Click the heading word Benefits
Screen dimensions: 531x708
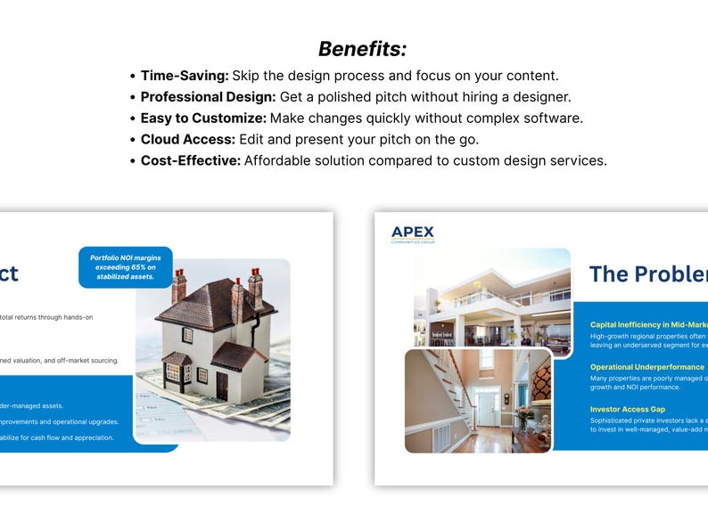coord(362,49)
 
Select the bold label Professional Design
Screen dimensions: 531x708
coord(208,97)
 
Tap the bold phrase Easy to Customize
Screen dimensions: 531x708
coord(203,118)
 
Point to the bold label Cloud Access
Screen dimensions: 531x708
coord(187,140)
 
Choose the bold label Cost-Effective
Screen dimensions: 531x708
coord(190,161)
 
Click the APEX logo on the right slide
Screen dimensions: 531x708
coord(412,234)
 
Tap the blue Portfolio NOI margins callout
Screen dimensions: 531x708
coord(126,267)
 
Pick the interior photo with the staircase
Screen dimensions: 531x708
coord(478,401)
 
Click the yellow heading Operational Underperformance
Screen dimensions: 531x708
coord(646,367)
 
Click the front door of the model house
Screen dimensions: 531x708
coord(221,385)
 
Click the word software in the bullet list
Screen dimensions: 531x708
coord(552,118)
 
